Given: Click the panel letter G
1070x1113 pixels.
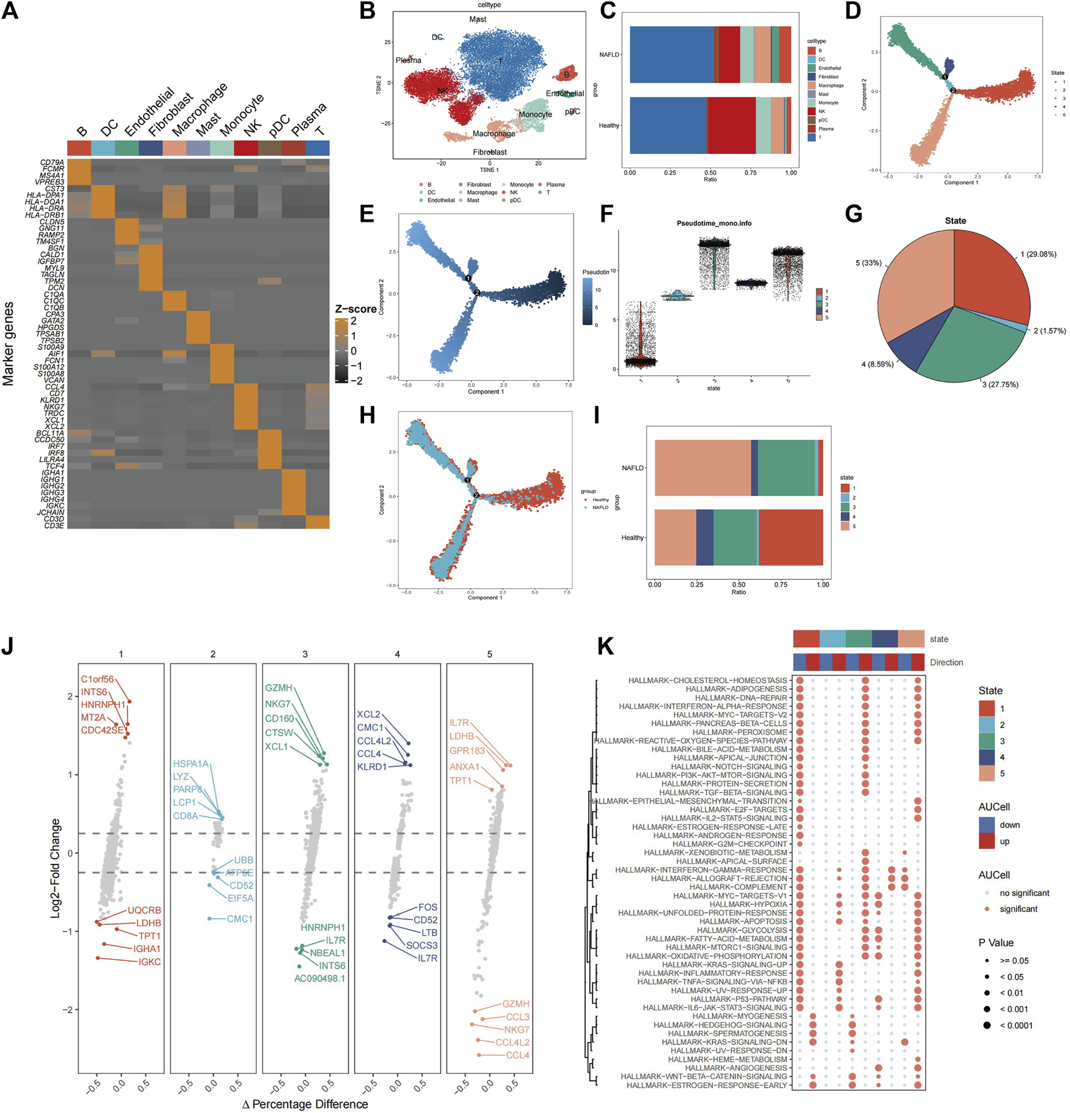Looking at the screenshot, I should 853,215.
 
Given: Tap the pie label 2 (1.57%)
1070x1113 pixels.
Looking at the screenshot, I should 1049,331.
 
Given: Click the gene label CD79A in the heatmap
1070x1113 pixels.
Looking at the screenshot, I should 52,163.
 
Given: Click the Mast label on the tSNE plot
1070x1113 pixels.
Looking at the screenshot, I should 478,20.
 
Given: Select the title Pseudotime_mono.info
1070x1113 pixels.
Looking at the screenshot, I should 714,224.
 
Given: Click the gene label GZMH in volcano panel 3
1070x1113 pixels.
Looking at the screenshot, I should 279,688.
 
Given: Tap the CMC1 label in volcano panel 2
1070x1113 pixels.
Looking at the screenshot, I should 240,919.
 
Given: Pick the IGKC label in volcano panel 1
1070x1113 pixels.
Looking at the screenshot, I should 150,962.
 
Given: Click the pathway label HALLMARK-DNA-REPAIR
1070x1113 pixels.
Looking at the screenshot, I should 741,697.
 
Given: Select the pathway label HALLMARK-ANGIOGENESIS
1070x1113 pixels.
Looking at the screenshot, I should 736,1068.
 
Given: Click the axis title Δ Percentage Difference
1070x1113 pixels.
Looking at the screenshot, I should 305,1104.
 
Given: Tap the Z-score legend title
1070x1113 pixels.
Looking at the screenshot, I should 356,309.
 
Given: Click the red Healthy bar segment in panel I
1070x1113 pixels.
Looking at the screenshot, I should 790,537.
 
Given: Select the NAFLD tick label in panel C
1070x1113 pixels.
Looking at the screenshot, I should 609,54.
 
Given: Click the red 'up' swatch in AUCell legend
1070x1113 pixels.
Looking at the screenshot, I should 986,841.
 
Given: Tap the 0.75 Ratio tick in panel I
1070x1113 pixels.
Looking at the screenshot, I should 781,584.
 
